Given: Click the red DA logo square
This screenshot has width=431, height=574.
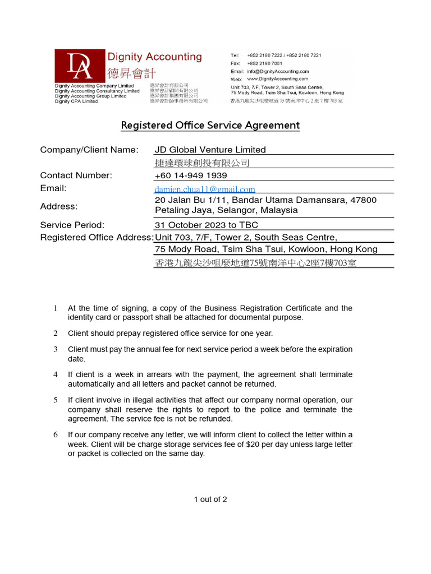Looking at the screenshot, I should point(80,66).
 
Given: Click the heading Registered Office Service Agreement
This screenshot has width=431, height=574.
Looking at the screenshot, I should point(210,125).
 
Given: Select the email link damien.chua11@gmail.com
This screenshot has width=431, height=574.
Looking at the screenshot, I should point(205,189).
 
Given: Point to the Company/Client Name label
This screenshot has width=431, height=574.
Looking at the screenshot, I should point(89,150).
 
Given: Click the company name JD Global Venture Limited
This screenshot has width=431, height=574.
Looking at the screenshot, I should point(210,150).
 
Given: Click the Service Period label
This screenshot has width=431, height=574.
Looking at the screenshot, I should point(72,225).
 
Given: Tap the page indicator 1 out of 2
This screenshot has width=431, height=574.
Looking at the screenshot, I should point(210,499).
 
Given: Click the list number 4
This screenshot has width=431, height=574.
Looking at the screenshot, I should point(56,374).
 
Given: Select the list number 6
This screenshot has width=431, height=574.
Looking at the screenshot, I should point(56,435).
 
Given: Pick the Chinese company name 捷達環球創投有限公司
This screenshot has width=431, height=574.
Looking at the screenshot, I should point(201,163).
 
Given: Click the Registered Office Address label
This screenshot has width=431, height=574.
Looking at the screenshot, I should point(97,237).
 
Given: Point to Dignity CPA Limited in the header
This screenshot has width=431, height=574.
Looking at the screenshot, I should point(76,101).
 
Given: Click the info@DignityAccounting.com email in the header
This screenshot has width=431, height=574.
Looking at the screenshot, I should point(278,72).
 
